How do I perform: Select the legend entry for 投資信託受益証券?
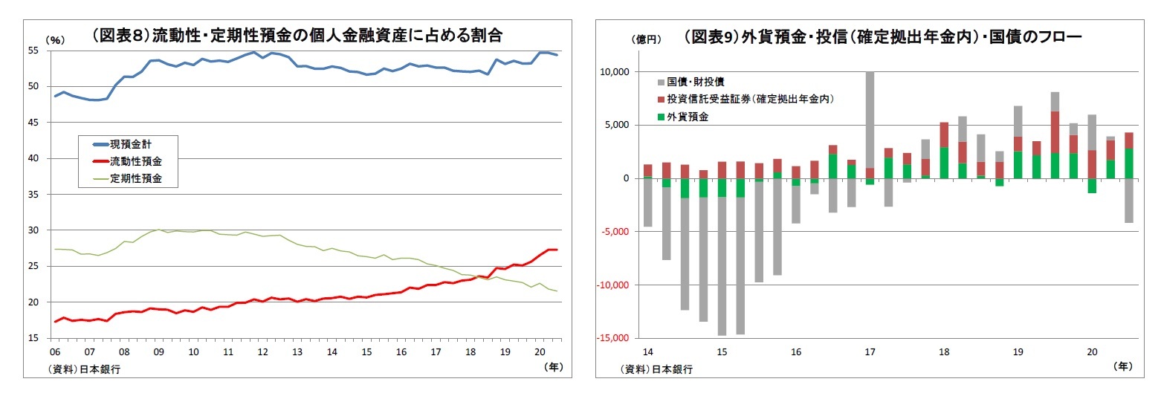tap(747, 98)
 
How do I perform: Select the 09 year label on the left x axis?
tap(158, 351)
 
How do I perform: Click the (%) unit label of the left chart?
tap(56, 40)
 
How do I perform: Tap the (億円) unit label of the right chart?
tap(644, 39)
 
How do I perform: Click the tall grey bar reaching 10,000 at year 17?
tap(869, 119)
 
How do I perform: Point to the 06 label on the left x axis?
tap(54, 351)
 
